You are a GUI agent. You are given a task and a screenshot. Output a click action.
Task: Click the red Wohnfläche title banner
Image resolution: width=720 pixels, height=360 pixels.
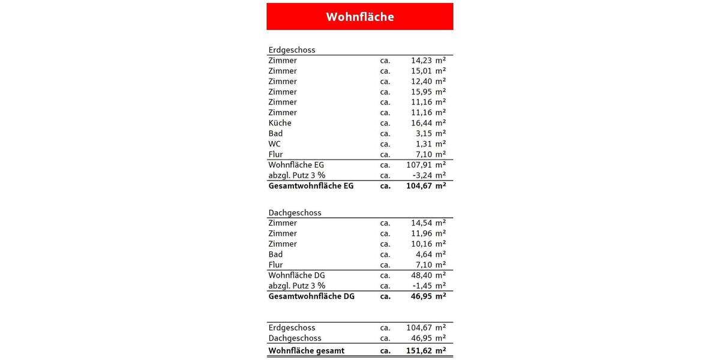click(x=360, y=17)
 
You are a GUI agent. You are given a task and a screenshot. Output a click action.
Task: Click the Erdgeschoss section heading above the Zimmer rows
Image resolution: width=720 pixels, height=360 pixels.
click(x=292, y=50)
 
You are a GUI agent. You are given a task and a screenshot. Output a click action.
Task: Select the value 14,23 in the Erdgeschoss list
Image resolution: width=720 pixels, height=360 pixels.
click(x=421, y=61)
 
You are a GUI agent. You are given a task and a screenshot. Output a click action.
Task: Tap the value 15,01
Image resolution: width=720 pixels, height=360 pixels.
click(x=421, y=71)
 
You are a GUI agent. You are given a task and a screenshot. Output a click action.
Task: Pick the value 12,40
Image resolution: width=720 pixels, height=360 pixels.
click(x=421, y=81)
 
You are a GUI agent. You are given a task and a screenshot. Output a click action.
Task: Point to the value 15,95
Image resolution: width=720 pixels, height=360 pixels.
click(x=421, y=92)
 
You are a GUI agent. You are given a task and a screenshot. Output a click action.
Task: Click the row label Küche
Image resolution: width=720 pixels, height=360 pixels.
click(x=280, y=123)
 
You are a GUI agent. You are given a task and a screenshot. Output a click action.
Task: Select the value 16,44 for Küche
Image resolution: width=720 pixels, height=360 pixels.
click(x=421, y=123)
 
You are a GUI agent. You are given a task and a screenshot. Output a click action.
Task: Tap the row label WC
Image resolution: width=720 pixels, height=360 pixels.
click(x=274, y=144)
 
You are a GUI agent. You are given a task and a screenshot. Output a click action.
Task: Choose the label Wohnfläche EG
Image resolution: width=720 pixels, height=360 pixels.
click(x=296, y=164)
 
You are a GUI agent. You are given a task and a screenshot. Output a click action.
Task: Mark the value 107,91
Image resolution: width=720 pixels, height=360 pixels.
click(x=418, y=164)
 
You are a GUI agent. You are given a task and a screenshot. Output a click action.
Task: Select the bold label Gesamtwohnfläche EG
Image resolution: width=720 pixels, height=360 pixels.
click(x=311, y=186)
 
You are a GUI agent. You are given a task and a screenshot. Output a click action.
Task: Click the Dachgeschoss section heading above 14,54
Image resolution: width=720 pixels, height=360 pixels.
click(x=295, y=212)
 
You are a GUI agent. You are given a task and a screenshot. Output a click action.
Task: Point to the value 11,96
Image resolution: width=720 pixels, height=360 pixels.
click(x=421, y=233)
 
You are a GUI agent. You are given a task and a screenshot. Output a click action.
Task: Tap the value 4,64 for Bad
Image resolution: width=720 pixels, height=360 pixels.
click(x=423, y=254)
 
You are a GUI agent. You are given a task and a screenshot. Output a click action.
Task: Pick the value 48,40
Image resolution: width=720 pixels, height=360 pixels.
click(x=421, y=275)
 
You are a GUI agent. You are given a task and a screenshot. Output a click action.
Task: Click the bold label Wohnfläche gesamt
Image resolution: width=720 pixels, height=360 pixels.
click(x=306, y=350)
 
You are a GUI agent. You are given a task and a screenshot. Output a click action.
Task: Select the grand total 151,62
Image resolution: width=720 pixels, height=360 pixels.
click(x=418, y=350)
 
